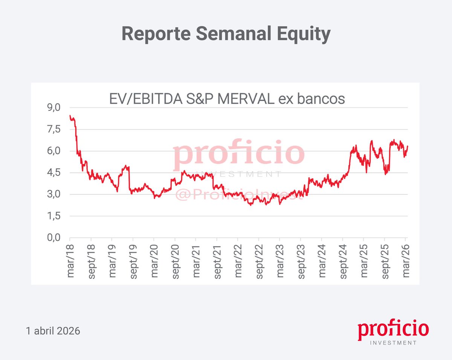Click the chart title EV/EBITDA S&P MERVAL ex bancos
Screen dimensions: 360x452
tap(227, 98)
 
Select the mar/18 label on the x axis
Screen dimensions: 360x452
tap(70, 260)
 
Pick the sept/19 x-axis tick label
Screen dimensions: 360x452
tap(133, 262)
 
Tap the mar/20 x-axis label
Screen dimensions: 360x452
tap(154, 260)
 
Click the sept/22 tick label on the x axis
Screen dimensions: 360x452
tap(259, 262)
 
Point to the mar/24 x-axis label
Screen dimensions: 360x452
tap(322, 260)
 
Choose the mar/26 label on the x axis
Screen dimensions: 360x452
tap(406, 260)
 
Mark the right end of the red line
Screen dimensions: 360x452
tap(408, 146)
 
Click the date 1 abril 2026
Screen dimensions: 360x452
tap(53, 331)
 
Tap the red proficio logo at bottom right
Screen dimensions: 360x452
tap(393, 330)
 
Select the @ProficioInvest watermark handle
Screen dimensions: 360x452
tap(240, 195)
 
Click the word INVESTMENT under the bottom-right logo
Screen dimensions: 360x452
tap(394, 343)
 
